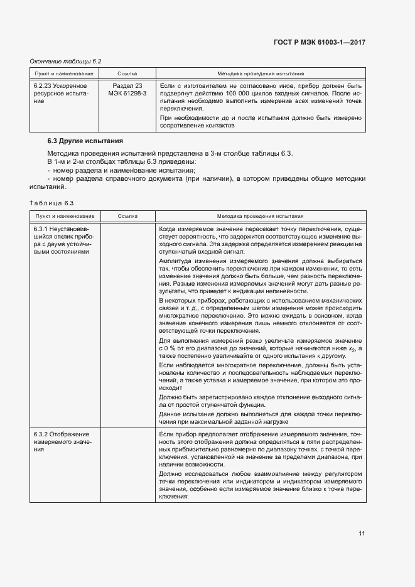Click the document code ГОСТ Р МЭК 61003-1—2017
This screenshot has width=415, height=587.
pos(320,42)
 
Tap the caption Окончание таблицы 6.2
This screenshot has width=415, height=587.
pos(66,61)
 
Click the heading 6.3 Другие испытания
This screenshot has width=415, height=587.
pos(85,141)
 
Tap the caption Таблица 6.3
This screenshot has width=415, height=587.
pos(52,202)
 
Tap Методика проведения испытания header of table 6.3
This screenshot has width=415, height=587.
pos(261,215)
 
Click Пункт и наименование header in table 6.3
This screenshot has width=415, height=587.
pos(60,215)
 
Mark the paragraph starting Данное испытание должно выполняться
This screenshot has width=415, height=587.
pos(261,417)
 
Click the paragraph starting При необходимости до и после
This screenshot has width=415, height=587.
pos(261,121)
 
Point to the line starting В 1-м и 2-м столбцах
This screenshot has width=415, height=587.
pos(121,161)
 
